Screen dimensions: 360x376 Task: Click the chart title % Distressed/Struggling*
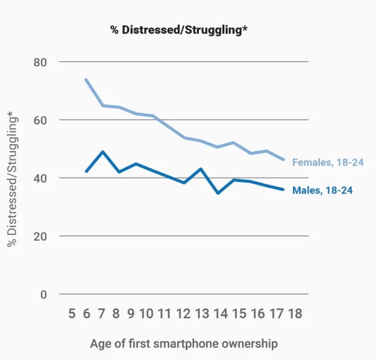(x=179, y=30)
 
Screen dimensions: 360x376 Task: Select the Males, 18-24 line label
(x=323, y=190)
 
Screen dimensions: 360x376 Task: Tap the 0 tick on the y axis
(x=43, y=295)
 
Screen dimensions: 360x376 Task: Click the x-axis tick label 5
(x=72, y=314)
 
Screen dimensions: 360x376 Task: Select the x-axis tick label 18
(x=296, y=314)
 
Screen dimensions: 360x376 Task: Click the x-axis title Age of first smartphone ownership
(x=184, y=344)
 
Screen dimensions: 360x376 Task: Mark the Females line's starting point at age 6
(x=85, y=79)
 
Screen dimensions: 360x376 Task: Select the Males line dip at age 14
(x=217, y=193)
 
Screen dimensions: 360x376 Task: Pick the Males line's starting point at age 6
(x=85, y=171)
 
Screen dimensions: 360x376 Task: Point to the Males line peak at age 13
(x=200, y=169)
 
